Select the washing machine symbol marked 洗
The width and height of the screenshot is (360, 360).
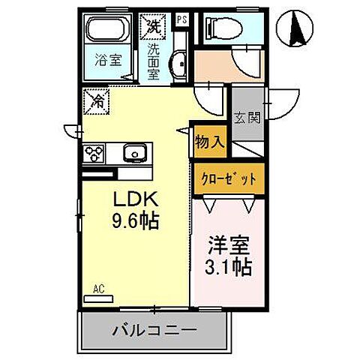click(154, 25)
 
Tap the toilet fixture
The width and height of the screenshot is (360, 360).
click(221, 28)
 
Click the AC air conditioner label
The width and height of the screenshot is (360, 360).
click(97, 288)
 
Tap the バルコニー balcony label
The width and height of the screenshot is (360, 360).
click(154, 330)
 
